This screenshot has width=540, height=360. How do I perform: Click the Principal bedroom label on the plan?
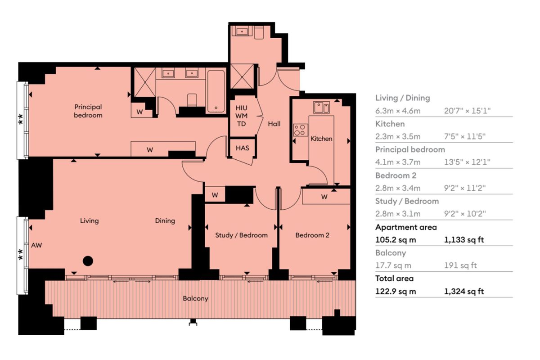pos(88,111)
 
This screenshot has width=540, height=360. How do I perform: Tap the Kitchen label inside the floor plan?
pos(321,139)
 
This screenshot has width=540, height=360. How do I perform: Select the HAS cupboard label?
pos(243,148)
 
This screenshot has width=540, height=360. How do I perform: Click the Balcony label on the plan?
pos(195,298)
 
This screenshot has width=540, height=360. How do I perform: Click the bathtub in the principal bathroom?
pos(216,90)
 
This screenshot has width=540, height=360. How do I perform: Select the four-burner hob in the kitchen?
pos(299,130)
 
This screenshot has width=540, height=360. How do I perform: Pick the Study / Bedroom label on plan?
pos(241,235)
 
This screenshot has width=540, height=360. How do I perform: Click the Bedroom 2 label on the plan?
pos(312,235)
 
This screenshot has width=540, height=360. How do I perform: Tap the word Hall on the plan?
pos(274,123)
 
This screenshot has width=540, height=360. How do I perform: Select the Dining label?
pos(165,220)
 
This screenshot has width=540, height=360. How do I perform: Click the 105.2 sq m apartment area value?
pos(396,240)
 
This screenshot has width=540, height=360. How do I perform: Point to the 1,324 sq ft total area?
pos(464,291)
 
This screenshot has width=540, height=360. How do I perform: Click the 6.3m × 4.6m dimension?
pos(398,111)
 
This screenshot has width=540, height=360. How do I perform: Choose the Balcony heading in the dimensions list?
pos(391,253)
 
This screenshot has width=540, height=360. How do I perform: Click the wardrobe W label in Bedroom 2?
pos(324,197)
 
